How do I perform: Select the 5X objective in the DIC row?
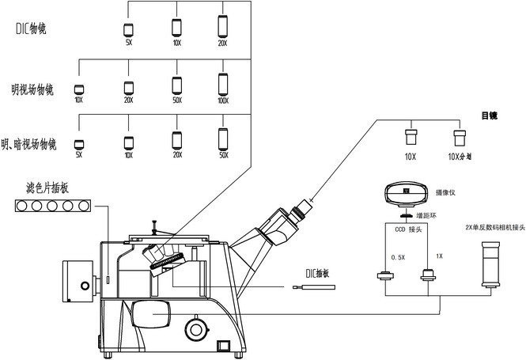128,29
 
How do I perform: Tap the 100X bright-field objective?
222,85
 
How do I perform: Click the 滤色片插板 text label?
47,187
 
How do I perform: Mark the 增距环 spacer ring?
406,214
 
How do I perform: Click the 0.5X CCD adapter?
385,276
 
